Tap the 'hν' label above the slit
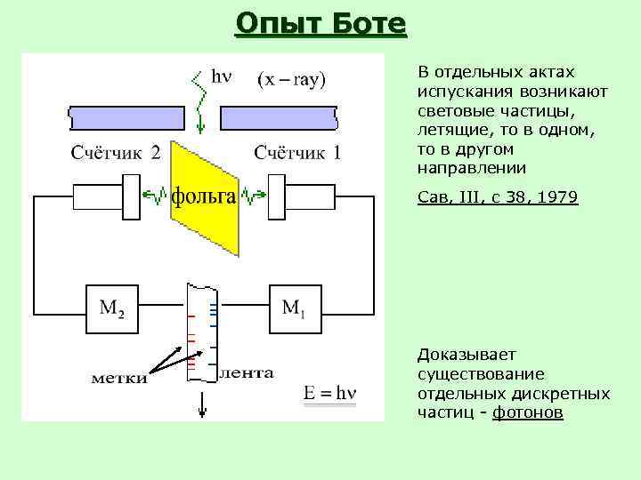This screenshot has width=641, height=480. pos(220,76)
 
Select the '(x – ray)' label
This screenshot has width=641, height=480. pos(292,78)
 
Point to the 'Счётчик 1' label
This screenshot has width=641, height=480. pos(297,153)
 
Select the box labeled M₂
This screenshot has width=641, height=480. pos(112,308)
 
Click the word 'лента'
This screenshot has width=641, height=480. pos(246,373)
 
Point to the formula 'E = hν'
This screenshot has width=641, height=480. pos(330,393)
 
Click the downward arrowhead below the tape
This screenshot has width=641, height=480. pos(203,411)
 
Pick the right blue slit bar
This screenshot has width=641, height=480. pos(278,116)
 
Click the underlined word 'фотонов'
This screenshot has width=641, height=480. pos(528,413)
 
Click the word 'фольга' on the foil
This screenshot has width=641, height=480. pos(204,196)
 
